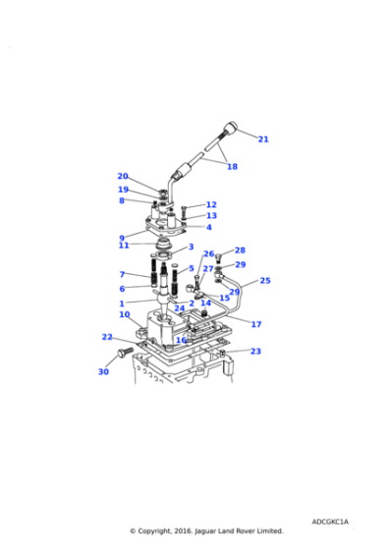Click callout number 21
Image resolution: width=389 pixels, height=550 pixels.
(x=263, y=139)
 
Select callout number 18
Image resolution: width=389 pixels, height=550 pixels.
(x=232, y=167)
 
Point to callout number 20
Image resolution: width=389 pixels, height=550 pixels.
(x=123, y=177)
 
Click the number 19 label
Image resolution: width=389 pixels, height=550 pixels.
(x=123, y=190)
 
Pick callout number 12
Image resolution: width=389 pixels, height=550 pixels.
(x=211, y=205)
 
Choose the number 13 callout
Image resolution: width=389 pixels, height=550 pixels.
(x=211, y=216)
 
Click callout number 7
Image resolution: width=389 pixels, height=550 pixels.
(x=122, y=274)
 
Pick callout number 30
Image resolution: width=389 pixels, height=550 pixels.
(x=103, y=372)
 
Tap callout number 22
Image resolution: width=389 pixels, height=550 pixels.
(x=107, y=337)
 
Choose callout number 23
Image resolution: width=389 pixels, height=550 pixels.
(x=255, y=351)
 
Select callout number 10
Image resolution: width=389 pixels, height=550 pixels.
(x=125, y=314)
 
